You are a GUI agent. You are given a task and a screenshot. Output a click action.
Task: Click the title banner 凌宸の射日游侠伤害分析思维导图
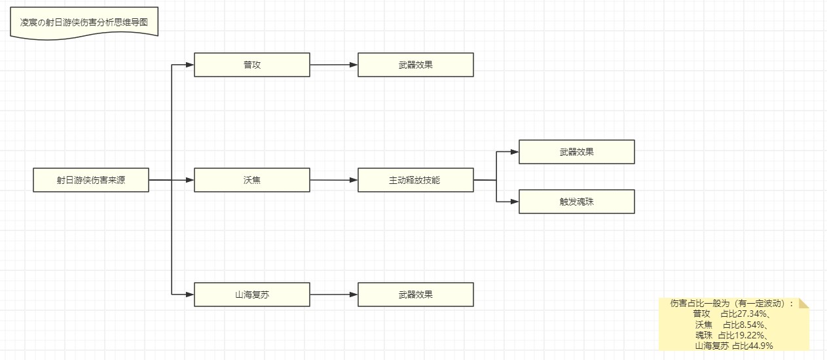(x=84, y=22)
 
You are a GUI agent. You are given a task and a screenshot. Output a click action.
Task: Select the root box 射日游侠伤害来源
(x=91, y=180)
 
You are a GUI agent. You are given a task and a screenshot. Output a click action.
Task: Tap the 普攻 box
(x=252, y=65)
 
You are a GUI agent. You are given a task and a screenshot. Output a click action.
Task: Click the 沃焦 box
(x=252, y=180)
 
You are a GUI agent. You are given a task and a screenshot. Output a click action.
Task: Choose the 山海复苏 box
(x=252, y=295)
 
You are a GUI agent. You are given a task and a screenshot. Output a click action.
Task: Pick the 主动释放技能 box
(x=415, y=180)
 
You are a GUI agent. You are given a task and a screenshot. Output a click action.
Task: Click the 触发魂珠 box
(x=576, y=202)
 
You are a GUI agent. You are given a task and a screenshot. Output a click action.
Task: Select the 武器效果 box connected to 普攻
(x=415, y=65)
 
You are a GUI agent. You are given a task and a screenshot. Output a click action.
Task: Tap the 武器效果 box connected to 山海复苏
(x=415, y=295)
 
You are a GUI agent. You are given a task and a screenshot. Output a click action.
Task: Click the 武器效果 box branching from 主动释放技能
(x=576, y=152)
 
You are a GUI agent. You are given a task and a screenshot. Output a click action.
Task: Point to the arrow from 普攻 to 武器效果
(x=334, y=65)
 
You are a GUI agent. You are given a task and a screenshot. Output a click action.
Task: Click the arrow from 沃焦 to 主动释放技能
(x=334, y=180)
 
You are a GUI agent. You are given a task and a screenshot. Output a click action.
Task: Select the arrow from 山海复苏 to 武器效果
(x=334, y=295)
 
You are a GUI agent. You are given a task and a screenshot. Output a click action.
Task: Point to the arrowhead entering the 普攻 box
(x=190, y=65)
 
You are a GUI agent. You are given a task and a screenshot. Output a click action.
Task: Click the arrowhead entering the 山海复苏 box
(x=190, y=295)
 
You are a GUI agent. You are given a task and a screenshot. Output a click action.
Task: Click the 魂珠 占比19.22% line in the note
(x=734, y=335)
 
